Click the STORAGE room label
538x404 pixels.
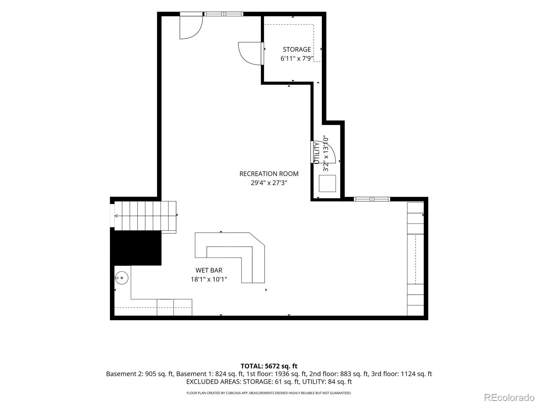(297, 49)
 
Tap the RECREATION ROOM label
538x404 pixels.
(269, 174)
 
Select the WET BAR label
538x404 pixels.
(209, 270)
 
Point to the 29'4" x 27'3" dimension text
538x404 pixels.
(269, 183)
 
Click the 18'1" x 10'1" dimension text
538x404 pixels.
(209, 279)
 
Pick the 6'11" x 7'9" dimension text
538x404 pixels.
(297, 58)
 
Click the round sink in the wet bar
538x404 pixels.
(122, 278)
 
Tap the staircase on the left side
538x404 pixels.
(145, 216)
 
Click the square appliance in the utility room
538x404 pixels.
(327, 183)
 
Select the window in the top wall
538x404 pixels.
(224, 14)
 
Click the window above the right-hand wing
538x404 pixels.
(372, 199)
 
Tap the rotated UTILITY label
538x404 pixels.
(317, 154)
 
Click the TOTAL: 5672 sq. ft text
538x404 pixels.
(269, 366)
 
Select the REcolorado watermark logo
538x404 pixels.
(509, 397)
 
